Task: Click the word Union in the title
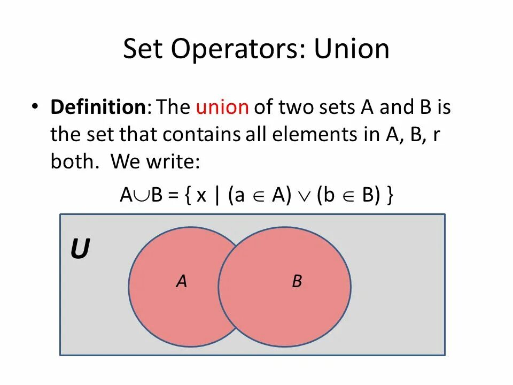351,49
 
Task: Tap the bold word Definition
98,107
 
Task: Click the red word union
222,107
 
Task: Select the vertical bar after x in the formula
217,196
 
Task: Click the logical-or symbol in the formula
303,196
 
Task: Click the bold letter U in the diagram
80,250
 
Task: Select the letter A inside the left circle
182,281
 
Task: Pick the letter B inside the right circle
297,281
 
